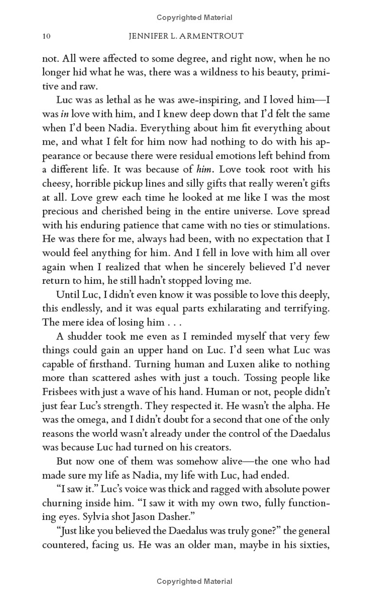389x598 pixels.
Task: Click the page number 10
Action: pos(47,36)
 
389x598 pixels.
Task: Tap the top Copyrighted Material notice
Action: pos(194,18)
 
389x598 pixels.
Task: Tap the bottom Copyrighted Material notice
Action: pos(194,581)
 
